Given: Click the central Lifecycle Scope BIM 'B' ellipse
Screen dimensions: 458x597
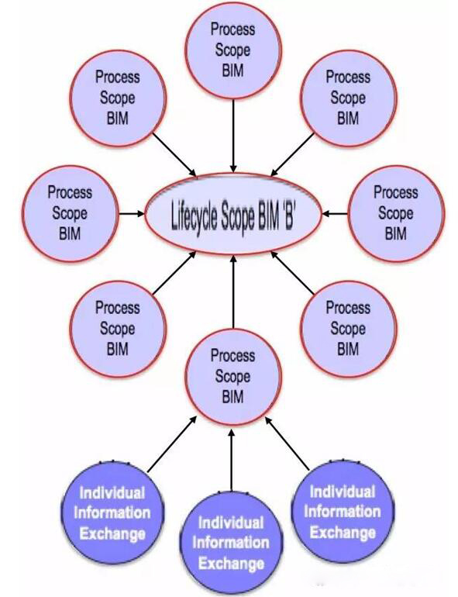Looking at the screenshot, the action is click(x=233, y=213).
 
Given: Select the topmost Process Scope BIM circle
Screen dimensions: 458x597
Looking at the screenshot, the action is click(x=233, y=50).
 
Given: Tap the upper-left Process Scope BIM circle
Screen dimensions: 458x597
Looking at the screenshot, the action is click(x=118, y=98).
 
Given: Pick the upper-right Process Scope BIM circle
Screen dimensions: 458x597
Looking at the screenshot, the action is click(x=349, y=98).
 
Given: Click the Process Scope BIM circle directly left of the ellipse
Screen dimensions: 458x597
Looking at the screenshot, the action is click(x=70, y=213).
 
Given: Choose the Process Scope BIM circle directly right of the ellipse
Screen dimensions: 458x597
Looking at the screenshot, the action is click(x=396, y=213).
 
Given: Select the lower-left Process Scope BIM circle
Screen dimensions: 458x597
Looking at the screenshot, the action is click(x=118, y=329).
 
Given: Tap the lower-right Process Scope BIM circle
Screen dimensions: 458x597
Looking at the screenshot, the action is click(x=349, y=329).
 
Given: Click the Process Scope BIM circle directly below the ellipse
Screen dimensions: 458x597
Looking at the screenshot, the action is click(x=233, y=377).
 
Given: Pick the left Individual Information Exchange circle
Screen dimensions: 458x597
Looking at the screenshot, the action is click(x=112, y=512).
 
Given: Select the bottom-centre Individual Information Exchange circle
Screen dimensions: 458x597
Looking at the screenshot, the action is click(x=232, y=543).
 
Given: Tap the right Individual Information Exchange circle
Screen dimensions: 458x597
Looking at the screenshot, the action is click(x=343, y=512).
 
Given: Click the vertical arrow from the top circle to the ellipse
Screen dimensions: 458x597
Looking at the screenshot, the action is click(x=233, y=136).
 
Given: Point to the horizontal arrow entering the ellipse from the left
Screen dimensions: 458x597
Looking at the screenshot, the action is click(x=132, y=213).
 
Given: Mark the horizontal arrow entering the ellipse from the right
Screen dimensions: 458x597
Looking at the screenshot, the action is click(x=335, y=213).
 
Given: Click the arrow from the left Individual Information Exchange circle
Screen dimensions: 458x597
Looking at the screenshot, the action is click(x=173, y=444).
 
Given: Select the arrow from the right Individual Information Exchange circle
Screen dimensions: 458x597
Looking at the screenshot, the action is click(x=287, y=443).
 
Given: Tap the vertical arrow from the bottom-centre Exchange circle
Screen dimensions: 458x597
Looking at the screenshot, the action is click(x=232, y=458).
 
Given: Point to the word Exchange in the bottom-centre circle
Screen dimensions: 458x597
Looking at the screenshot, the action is click(x=232, y=564).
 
